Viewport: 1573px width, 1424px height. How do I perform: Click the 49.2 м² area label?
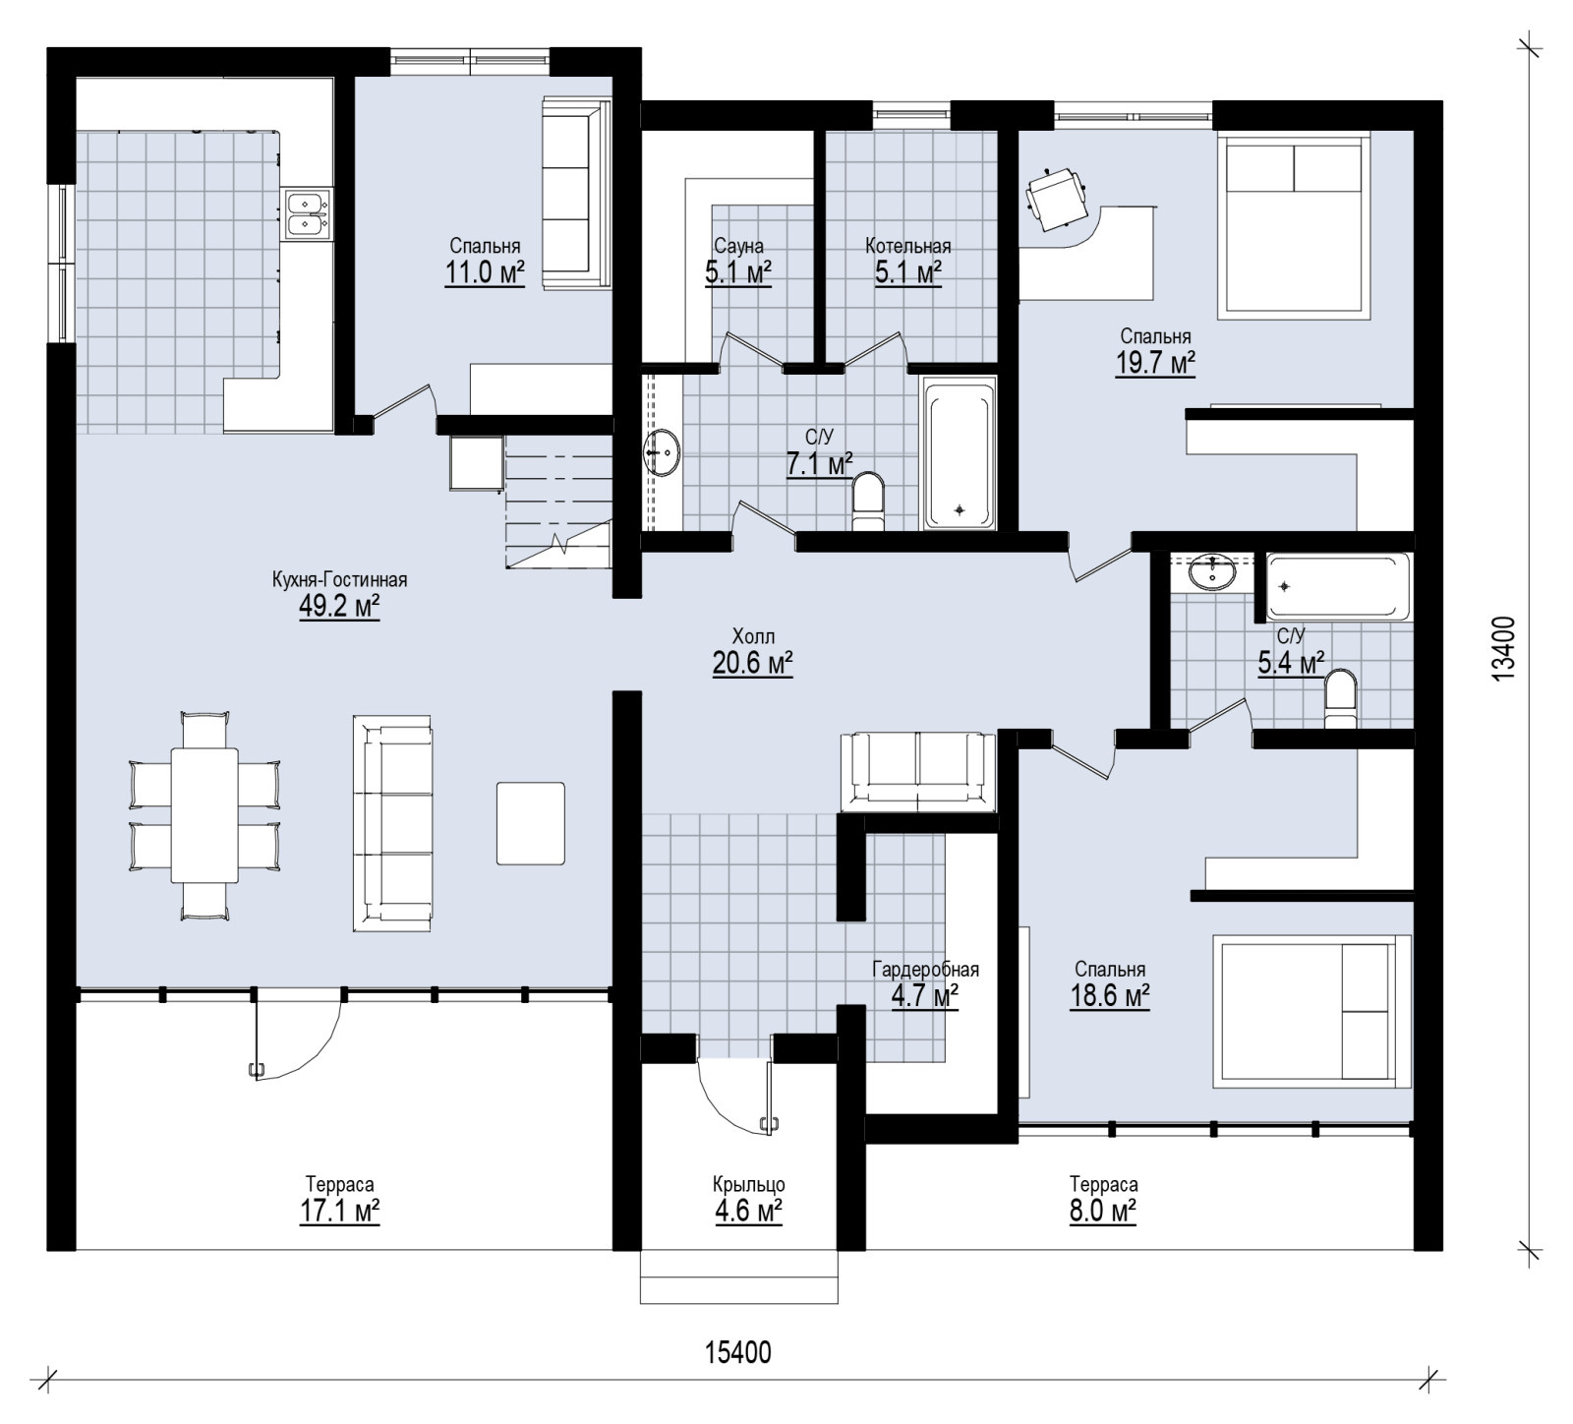point(339,607)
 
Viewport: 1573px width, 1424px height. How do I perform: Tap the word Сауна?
point(738,246)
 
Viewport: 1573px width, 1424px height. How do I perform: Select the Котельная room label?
point(908,246)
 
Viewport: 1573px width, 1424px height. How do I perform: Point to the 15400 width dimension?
point(738,1353)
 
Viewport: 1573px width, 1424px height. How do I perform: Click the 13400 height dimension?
point(1502,649)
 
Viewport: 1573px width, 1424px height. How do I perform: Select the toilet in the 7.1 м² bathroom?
point(868,503)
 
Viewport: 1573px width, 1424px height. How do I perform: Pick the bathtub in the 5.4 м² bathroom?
point(1339,587)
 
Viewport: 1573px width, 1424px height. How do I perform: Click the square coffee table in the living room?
point(531,823)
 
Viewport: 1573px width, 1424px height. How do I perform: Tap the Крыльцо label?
point(749,1185)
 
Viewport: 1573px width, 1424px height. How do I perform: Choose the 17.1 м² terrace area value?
point(340,1211)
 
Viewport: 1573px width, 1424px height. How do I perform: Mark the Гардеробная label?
point(926,971)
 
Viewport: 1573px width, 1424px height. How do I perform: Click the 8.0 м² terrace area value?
point(1103,1211)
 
